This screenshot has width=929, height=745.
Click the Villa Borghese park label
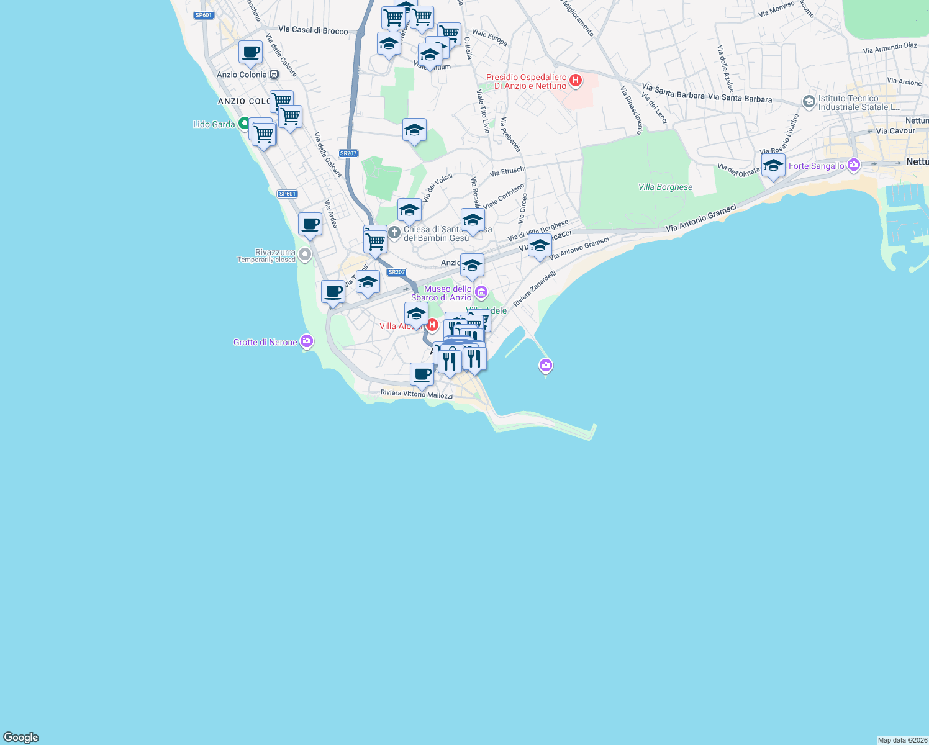(x=665, y=187)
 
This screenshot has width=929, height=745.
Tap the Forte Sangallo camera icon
(x=854, y=165)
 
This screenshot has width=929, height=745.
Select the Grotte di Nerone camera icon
(x=306, y=341)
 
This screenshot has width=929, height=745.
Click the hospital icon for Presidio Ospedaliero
(x=576, y=80)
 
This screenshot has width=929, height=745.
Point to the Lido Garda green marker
(x=244, y=124)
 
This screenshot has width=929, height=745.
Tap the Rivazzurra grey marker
(x=304, y=254)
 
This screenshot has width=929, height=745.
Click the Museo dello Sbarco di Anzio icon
(x=481, y=292)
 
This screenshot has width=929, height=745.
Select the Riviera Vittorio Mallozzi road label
(x=416, y=394)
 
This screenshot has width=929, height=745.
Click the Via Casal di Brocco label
(x=313, y=30)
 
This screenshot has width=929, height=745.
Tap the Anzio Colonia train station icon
(x=274, y=74)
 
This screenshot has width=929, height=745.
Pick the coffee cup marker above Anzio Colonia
(x=251, y=53)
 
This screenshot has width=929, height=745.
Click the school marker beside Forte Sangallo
(x=773, y=166)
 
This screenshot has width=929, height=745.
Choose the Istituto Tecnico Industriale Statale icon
(x=809, y=102)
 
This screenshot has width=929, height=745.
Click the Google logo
(x=21, y=738)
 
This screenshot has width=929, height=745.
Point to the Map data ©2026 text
(x=902, y=740)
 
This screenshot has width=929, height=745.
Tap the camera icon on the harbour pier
(x=546, y=365)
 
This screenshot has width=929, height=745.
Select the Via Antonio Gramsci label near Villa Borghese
(x=700, y=219)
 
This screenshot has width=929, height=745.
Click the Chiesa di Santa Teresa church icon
(x=394, y=233)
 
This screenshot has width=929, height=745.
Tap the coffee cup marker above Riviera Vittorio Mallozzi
(x=422, y=374)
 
